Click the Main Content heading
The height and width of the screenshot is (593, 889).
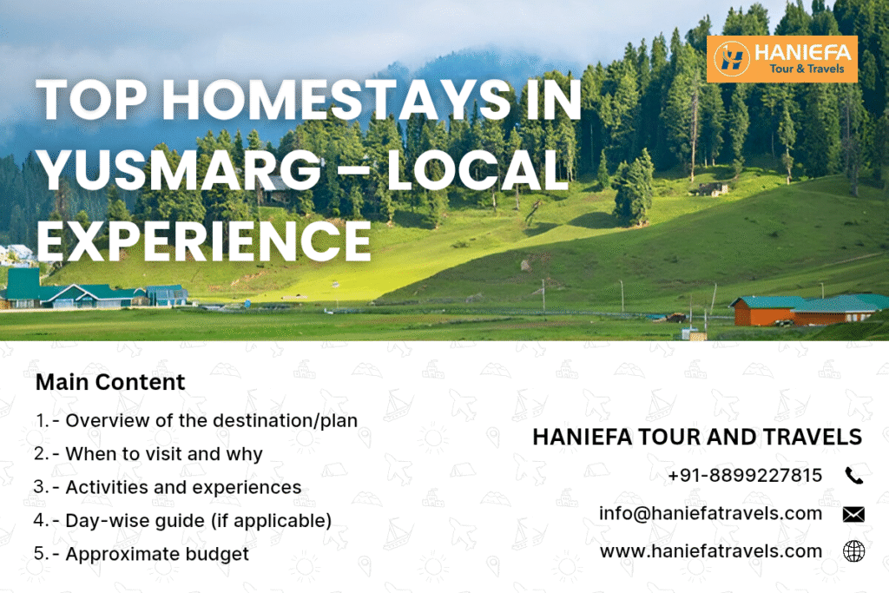point(110,382)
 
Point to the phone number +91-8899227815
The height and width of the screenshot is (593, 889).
point(745,475)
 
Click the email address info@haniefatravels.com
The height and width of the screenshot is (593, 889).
point(710,513)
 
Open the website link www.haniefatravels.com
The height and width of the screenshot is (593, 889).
point(710,550)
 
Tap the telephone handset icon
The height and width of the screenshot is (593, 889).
point(853,475)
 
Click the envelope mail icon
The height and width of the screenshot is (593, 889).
point(853,514)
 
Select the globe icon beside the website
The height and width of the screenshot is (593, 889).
point(853,551)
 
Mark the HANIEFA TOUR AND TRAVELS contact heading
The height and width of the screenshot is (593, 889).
point(697,437)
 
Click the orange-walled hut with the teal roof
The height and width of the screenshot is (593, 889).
point(762,311)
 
